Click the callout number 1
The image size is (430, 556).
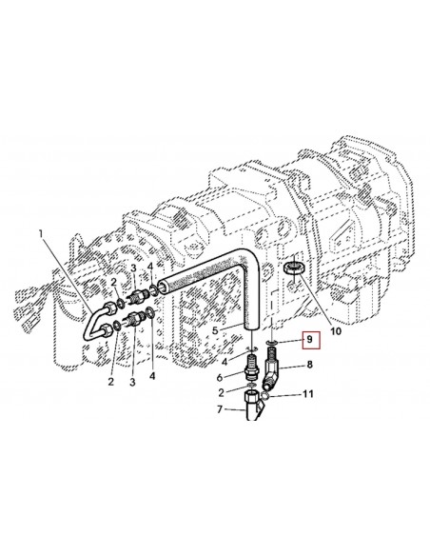point(42,234)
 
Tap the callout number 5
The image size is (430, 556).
point(215,330)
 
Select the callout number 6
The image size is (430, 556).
point(220,378)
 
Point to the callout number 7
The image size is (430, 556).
point(220,409)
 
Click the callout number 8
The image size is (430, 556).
point(309,365)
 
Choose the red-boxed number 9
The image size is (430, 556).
point(310,340)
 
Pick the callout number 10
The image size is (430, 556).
point(336,331)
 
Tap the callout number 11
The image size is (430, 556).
point(308,394)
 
